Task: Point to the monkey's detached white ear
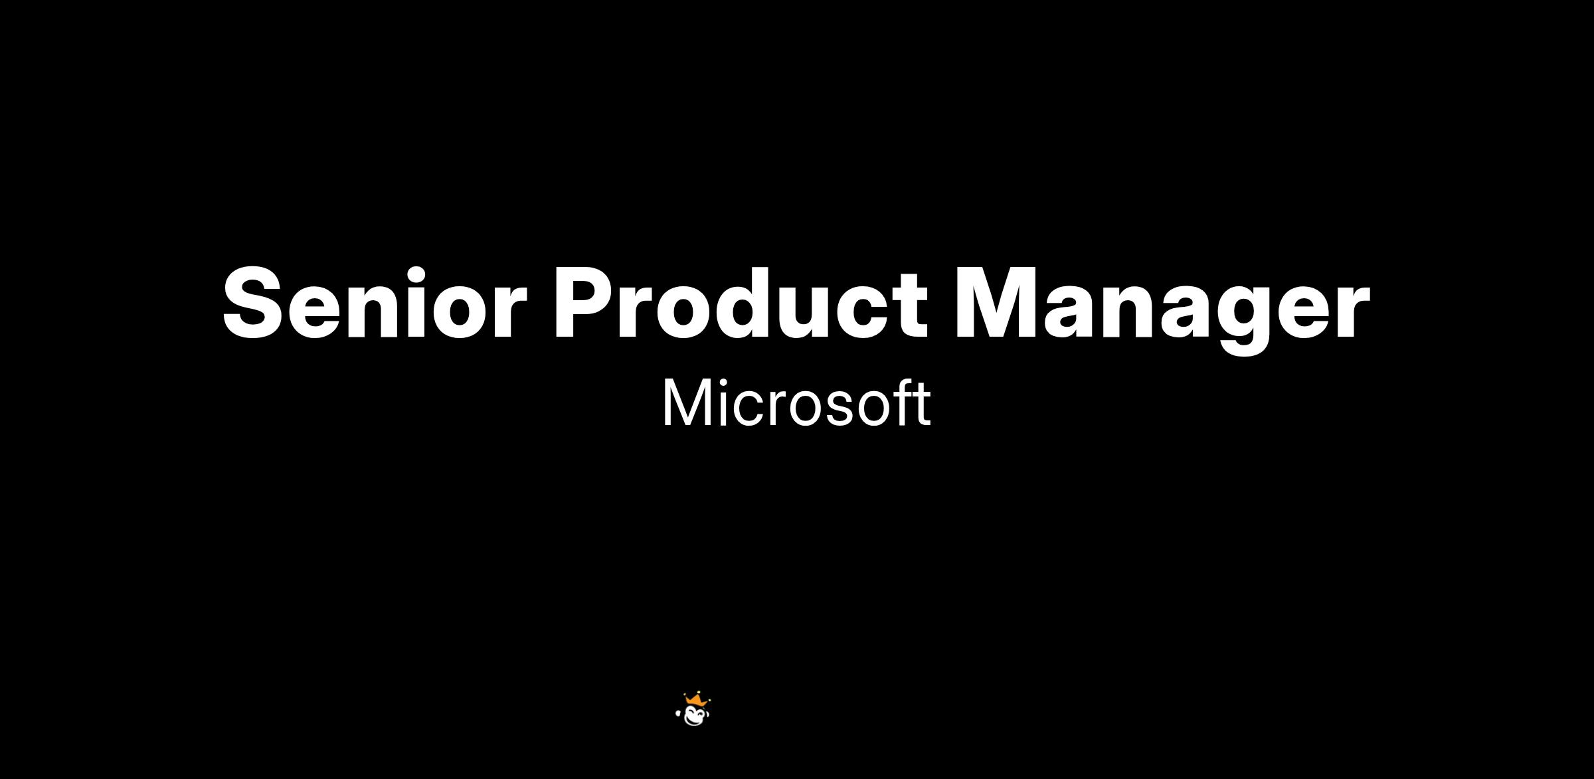[x=678, y=714]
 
